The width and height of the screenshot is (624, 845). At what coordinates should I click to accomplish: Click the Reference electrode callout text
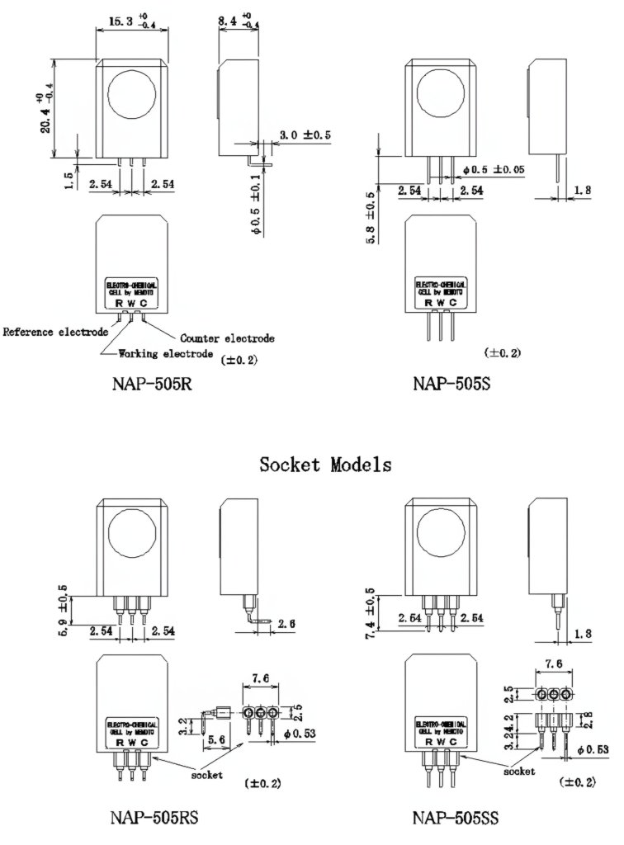pos(55,333)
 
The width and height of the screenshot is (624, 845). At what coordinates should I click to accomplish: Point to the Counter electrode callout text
pos(227,338)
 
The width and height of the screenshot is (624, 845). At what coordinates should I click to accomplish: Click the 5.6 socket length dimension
pos(217,742)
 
